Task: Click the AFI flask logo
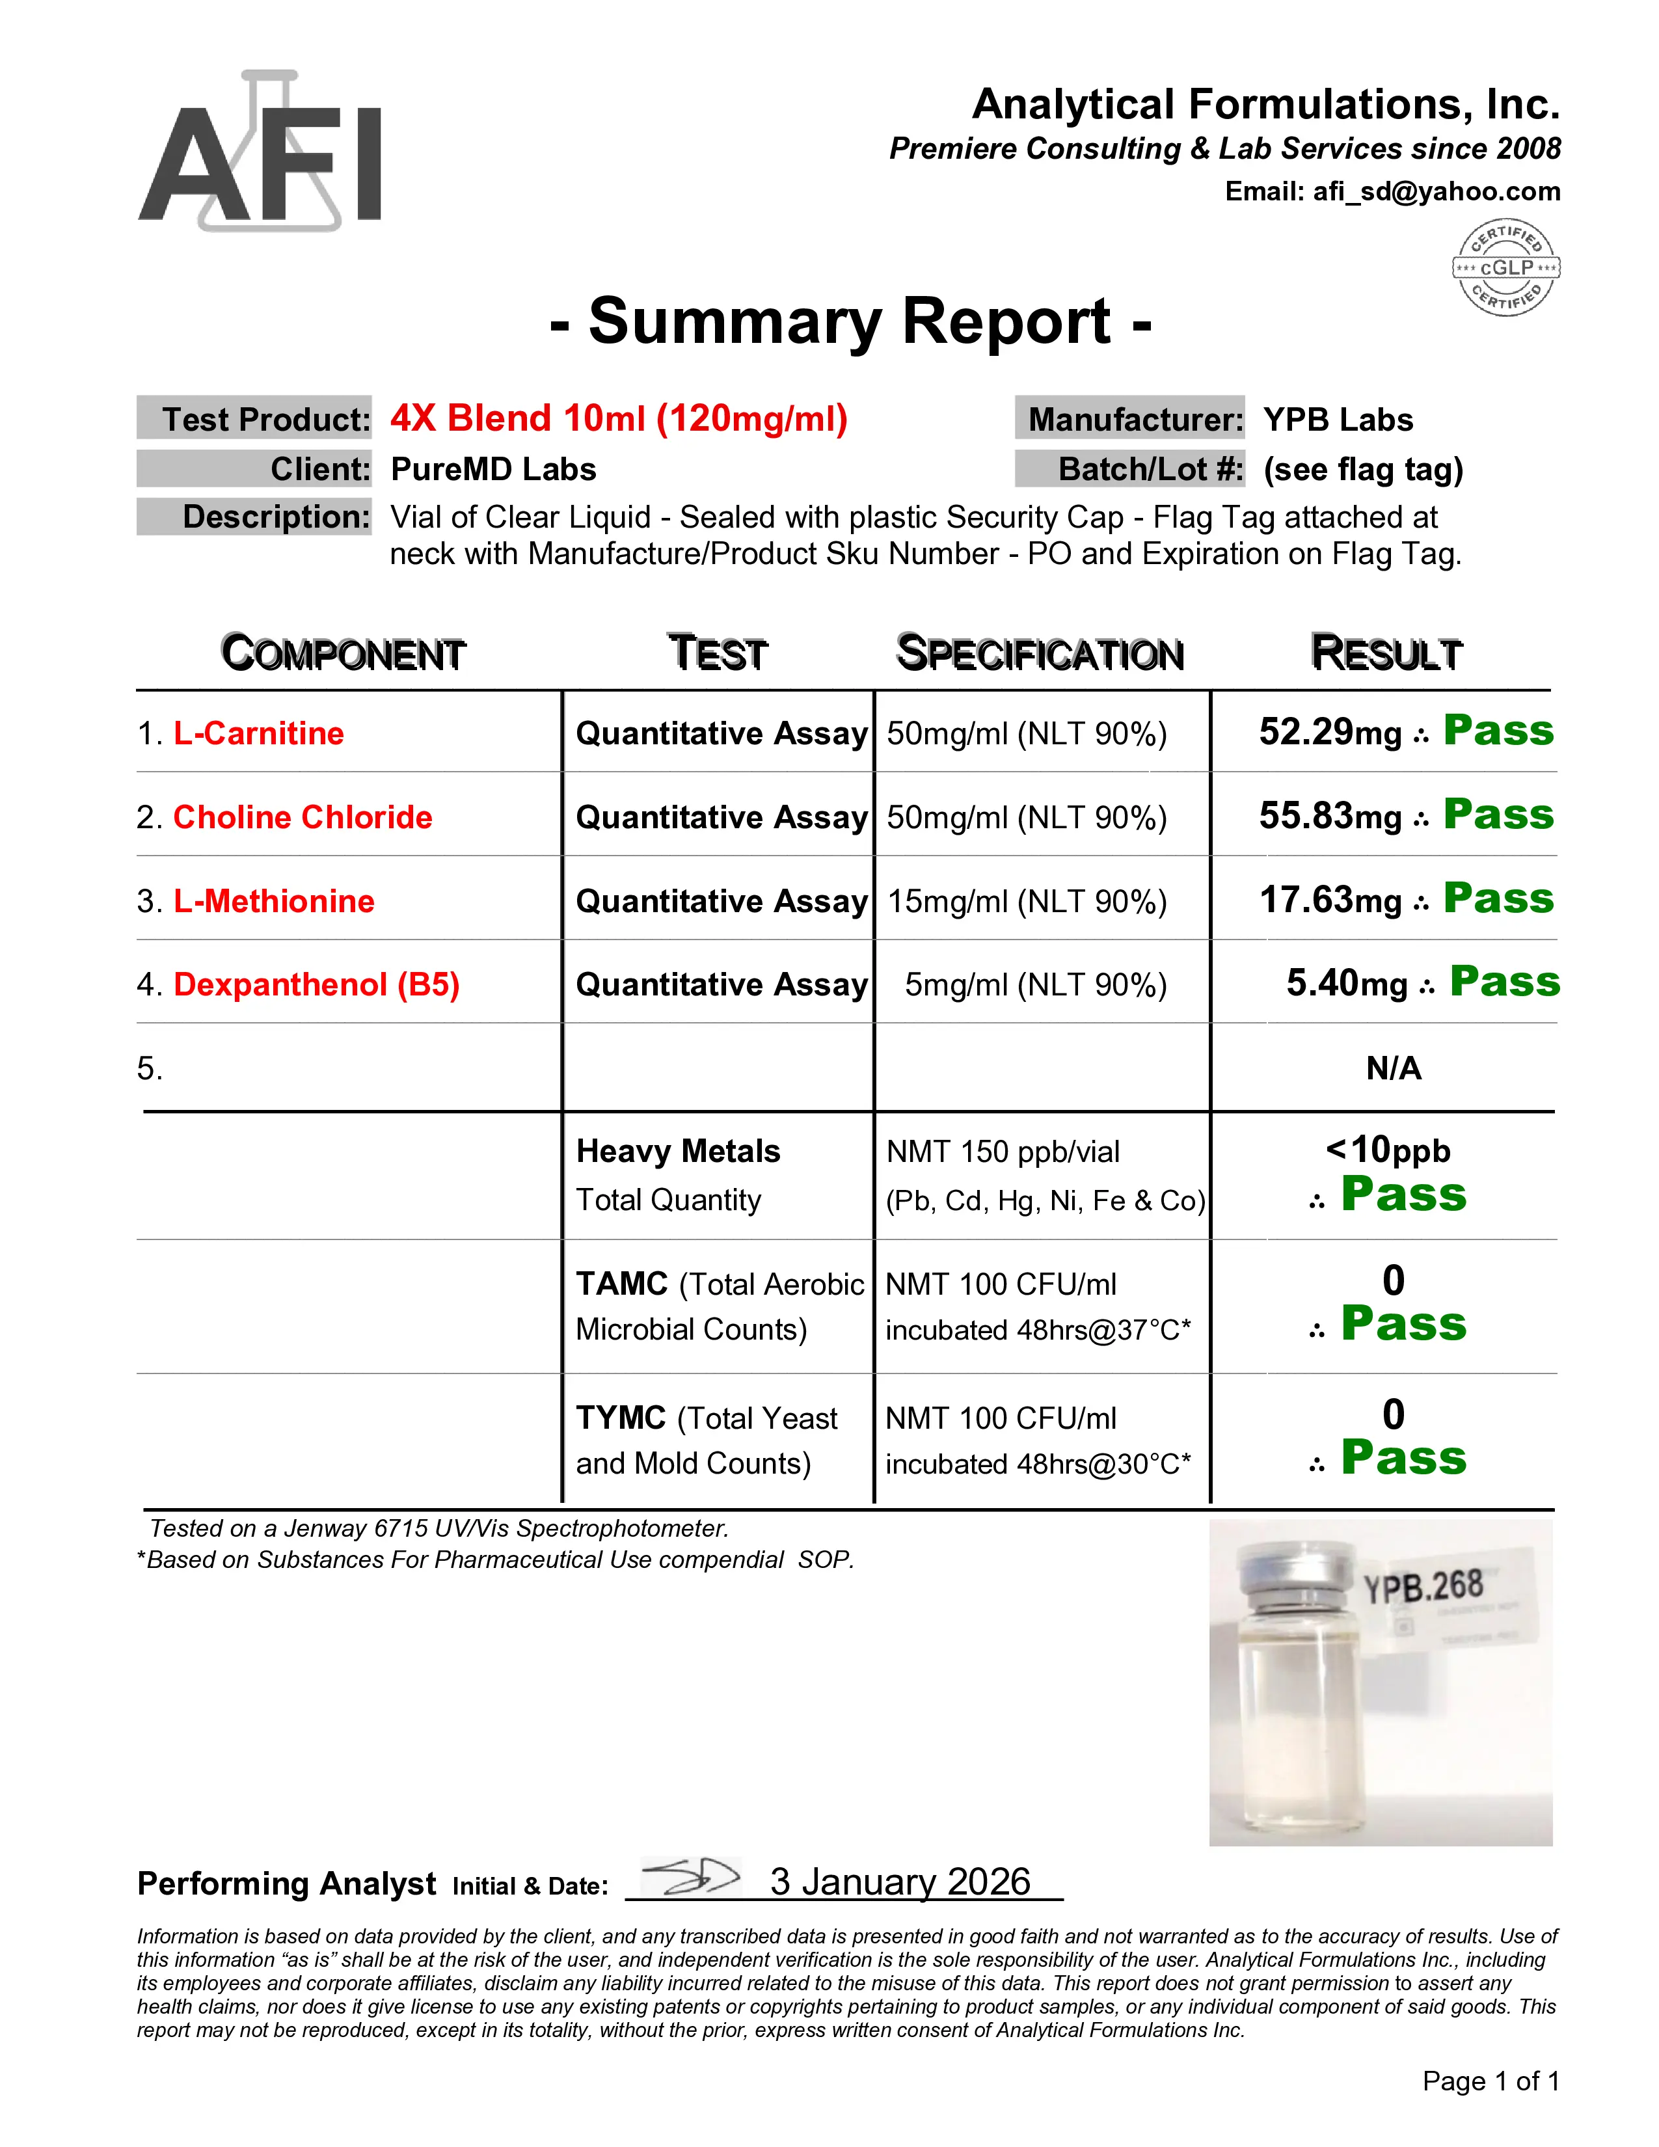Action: point(260,152)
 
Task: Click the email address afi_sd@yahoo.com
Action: point(1436,192)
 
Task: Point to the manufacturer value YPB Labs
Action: point(1338,420)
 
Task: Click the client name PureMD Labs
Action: point(493,469)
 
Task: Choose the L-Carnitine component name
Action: point(258,733)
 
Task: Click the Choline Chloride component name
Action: point(303,817)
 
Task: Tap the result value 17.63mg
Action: point(1330,900)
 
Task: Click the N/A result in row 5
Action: point(1393,1068)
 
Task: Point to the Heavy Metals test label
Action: point(678,1151)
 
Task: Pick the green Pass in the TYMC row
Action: point(1403,1458)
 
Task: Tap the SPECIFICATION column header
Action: point(1040,654)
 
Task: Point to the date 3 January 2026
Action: point(899,1882)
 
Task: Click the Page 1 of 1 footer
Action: point(1490,2081)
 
